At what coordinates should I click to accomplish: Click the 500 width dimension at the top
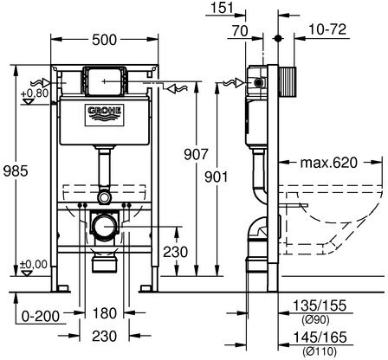[104, 40]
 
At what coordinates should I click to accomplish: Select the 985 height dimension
[16, 170]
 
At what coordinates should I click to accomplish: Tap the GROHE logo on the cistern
[104, 115]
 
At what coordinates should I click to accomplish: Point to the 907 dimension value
[196, 154]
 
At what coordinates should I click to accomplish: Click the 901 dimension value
[217, 177]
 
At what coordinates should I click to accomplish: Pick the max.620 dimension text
[329, 163]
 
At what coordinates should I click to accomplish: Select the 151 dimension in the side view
[222, 8]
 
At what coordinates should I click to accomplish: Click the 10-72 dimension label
[327, 29]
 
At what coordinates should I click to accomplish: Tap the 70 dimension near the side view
[240, 31]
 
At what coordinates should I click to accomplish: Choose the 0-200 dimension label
[41, 317]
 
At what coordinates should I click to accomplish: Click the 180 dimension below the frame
[105, 313]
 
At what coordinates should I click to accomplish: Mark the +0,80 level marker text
[35, 93]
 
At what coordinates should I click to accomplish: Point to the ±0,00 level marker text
[34, 264]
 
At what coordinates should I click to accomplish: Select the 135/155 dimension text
[320, 305]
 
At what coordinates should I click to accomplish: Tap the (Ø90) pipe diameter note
[315, 319]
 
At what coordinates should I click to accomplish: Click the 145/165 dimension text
[320, 337]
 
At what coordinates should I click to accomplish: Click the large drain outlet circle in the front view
[104, 227]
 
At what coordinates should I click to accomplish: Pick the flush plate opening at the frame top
[104, 81]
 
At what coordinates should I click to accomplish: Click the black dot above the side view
[278, 38]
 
